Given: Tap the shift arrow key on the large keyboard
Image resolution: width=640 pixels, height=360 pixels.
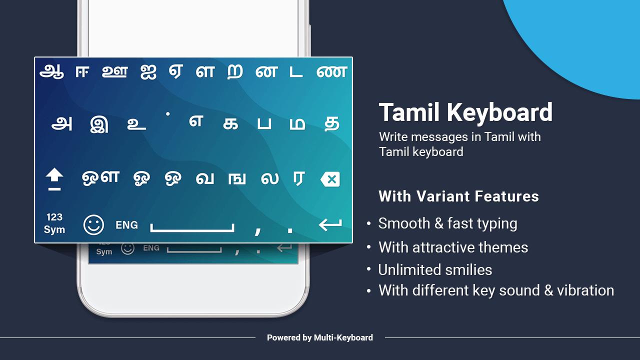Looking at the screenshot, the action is (54, 179).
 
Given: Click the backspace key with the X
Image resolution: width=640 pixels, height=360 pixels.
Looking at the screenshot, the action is (330, 179).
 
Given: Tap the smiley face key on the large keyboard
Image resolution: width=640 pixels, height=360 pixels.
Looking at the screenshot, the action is (93, 225).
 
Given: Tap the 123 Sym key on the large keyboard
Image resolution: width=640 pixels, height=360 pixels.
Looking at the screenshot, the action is (54, 223).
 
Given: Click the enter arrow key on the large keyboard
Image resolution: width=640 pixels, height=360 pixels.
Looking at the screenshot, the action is (330, 224).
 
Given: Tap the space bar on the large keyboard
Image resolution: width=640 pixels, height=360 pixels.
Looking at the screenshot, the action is (192, 227).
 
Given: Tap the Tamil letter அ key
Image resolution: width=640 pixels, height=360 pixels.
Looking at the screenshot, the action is (61, 124).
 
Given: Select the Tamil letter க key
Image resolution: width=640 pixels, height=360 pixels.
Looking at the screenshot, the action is (230, 124).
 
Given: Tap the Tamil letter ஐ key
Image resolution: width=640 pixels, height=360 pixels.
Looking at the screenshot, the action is (148, 71).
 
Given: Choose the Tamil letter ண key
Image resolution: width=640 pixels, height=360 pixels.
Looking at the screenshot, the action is (331, 71).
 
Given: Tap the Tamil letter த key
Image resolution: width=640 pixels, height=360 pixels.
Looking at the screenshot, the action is (332, 124).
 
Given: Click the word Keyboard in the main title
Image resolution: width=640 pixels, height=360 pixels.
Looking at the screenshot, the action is (499, 113).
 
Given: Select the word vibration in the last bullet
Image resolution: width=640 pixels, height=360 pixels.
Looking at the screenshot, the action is (585, 290).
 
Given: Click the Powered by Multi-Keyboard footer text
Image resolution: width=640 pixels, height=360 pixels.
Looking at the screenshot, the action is (320, 337).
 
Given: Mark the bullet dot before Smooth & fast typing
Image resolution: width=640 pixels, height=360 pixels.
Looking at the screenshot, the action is (369, 223).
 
